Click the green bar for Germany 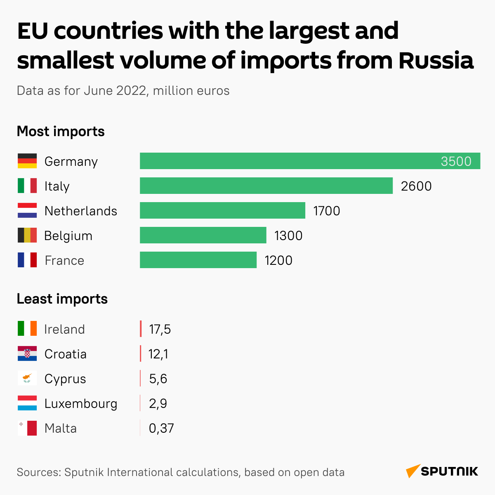pos(289,161)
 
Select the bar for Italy pos(266,186)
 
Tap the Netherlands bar pos(222,210)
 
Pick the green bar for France pos(198,260)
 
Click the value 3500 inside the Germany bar pos(456,161)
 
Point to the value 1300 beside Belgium pos(288,236)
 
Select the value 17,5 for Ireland pos(160,329)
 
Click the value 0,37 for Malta pos(161,428)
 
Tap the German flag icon pos(27,161)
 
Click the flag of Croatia pos(27,354)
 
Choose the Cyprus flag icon pos(27,378)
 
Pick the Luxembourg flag pos(27,403)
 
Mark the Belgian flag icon pos(27,235)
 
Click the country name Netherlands pos(81,211)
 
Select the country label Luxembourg pos(81,403)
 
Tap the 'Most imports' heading pos(61,132)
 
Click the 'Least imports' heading pos(62,299)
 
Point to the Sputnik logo pos(442,471)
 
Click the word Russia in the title pos(436,60)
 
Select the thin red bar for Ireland pos(141,329)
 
